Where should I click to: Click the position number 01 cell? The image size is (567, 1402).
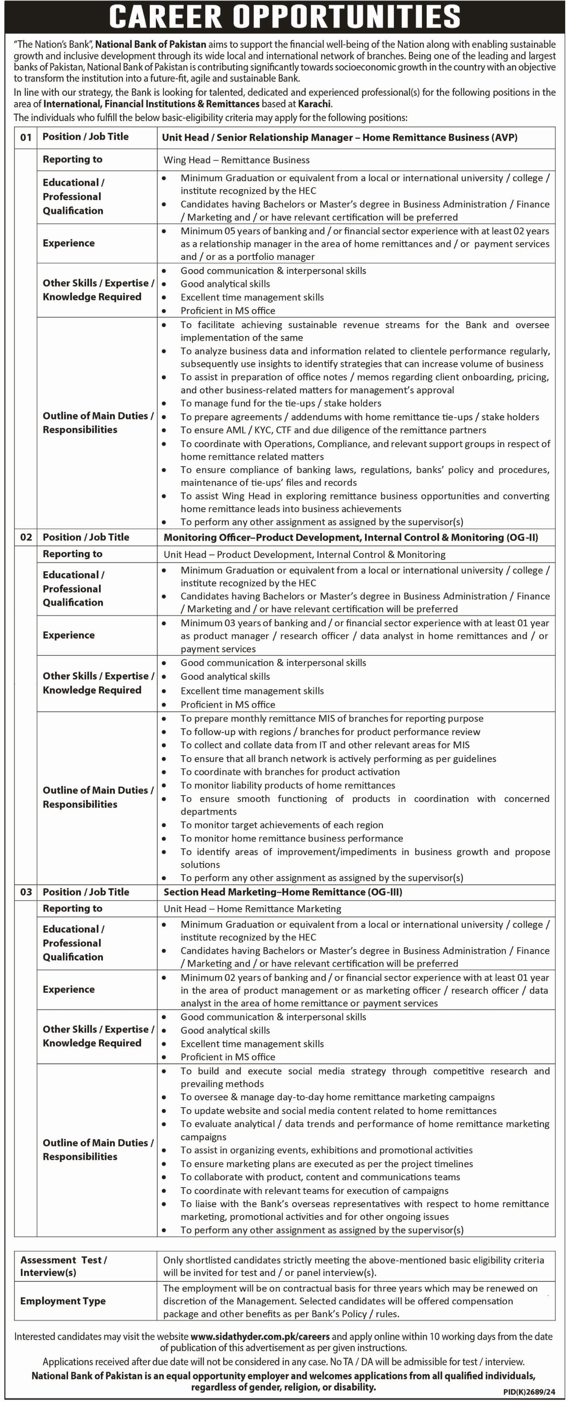(x=26, y=137)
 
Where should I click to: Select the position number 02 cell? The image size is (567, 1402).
(x=26, y=537)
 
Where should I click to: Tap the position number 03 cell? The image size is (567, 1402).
(x=26, y=892)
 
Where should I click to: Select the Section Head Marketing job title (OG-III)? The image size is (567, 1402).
(x=283, y=892)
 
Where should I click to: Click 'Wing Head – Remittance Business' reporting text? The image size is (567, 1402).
(x=236, y=160)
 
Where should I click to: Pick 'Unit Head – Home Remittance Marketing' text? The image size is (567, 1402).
(x=252, y=909)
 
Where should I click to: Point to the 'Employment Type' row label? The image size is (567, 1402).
(x=63, y=1301)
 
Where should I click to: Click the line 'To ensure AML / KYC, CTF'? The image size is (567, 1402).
(x=333, y=430)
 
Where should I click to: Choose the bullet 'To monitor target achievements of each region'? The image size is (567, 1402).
(x=282, y=825)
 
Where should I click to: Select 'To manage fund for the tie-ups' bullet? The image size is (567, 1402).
(x=281, y=403)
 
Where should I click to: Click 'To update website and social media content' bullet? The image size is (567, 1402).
(x=338, y=1110)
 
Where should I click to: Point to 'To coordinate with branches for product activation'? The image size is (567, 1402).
(x=290, y=772)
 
